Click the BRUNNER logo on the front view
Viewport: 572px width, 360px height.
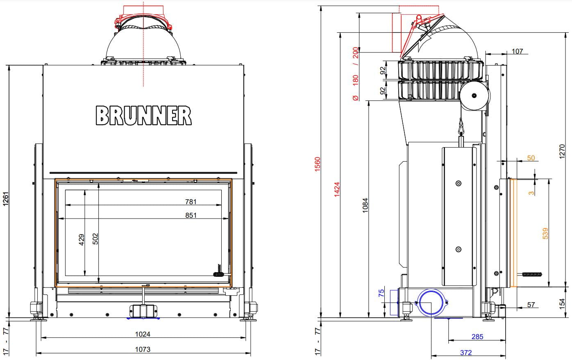point(143,116)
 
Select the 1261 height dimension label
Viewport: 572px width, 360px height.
point(6,199)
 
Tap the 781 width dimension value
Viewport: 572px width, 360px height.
point(191,202)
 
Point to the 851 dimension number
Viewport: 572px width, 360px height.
point(191,215)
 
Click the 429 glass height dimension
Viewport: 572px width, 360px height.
point(82,240)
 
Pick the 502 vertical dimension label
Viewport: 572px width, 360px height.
point(95,239)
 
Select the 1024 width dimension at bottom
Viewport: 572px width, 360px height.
point(143,334)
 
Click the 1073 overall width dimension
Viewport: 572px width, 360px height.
point(143,349)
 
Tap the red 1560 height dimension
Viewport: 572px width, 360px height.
point(317,164)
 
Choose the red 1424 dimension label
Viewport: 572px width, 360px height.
point(337,189)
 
